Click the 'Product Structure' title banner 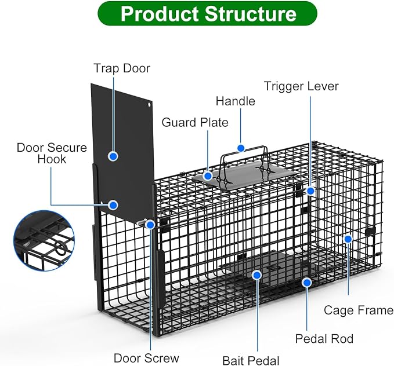[x=207, y=13]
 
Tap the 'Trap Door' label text [x=122, y=68]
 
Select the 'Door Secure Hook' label [x=52, y=153]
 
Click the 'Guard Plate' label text [x=195, y=122]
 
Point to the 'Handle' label [x=236, y=101]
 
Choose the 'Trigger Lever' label [x=301, y=86]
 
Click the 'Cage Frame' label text [x=359, y=310]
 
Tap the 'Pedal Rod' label [x=324, y=339]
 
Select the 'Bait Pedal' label [x=251, y=361]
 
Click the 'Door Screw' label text [x=146, y=358]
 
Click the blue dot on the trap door [x=113, y=156]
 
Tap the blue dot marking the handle [x=241, y=148]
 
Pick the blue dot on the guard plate [x=208, y=176]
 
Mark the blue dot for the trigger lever [x=311, y=191]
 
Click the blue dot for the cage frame [x=348, y=239]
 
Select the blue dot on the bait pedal [x=257, y=276]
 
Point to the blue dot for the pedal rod [x=307, y=283]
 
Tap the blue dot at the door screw [x=150, y=225]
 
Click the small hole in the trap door [x=149, y=104]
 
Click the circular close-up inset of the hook [x=44, y=241]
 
